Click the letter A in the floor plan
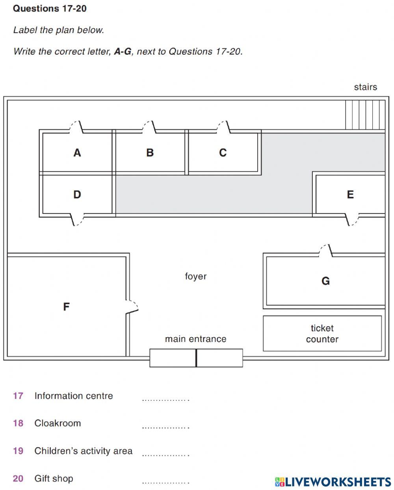pyautogui.click(x=77, y=152)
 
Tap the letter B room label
pyautogui.click(x=150, y=152)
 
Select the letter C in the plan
pyautogui.click(x=223, y=152)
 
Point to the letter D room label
pyautogui.click(x=77, y=195)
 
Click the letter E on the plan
pyautogui.click(x=350, y=195)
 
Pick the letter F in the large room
pyautogui.click(x=66, y=306)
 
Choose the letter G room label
pyautogui.click(x=325, y=281)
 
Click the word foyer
pyautogui.click(x=196, y=277)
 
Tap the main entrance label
pyautogui.click(x=196, y=339)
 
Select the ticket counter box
pyautogui.click(x=322, y=333)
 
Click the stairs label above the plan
pyautogui.click(x=366, y=87)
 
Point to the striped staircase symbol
pyautogui.click(x=365, y=115)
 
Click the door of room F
pyautogui.click(x=132, y=306)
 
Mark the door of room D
pyautogui.click(x=77, y=220)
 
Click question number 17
pyautogui.click(x=18, y=396)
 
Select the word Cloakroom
pyautogui.click(x=58, y=423)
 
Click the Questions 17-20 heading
pyautogui.click(x=50, y=9)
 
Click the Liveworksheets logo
pyautogui.click(x=333, y=482)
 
